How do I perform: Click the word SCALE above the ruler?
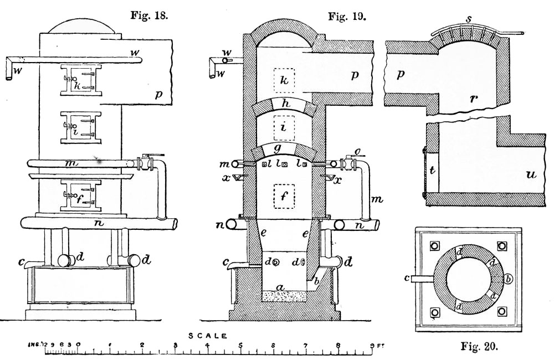(x=207, y=336)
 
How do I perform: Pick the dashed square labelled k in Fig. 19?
(x=284, y=81)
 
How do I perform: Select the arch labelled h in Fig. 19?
(x=285, y=105)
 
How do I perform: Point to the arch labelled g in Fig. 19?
(x=285, y=148)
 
